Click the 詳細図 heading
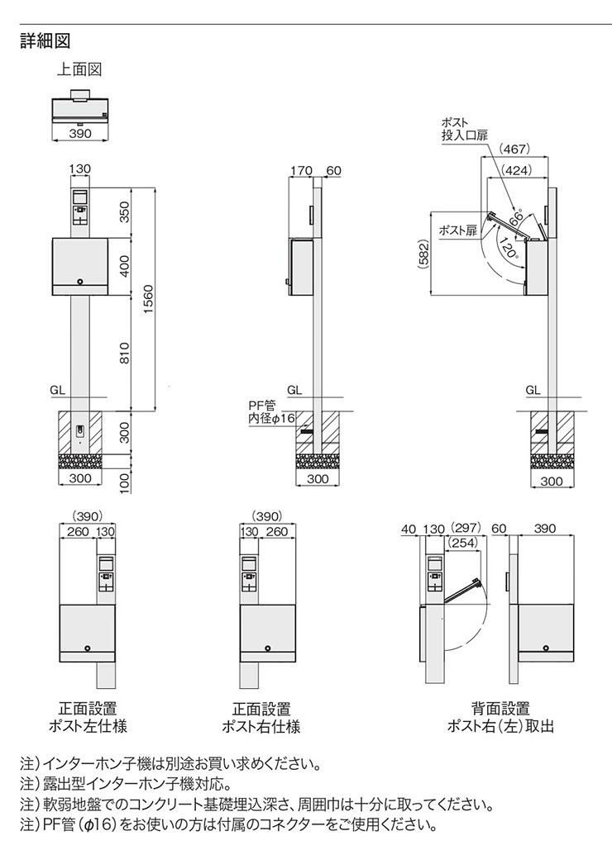(x=45, y=41)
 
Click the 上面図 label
(x=79, y=69)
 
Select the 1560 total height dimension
(x=148, y=300)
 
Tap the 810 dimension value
(x=125, y=353)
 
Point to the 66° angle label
(x=516, y=218)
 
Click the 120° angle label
(x=509, y=249)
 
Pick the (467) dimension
(x=514, y=149)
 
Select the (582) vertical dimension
(x=423, y=254)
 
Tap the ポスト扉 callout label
(x=457, y=230)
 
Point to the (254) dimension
(x=463, y=543)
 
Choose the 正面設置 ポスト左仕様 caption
(x=88, y=717)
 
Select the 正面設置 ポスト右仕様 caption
(x=261, y=717)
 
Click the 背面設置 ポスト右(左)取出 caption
(x=501, y=717)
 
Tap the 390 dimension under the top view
(x=80, y=133)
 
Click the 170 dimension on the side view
(x=301, y=170)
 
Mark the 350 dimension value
(x=125, y=211)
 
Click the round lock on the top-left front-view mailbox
(x=80, y=282)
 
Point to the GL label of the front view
(x=58, y=390)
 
